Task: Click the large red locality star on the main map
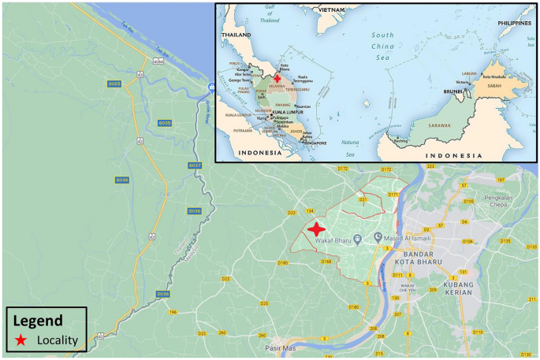316,230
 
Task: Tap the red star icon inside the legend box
21,340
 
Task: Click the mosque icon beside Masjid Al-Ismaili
378,237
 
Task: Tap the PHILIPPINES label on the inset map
515,24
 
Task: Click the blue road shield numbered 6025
114,84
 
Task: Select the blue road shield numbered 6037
196,165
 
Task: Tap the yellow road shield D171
393,194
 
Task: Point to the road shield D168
325,261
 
